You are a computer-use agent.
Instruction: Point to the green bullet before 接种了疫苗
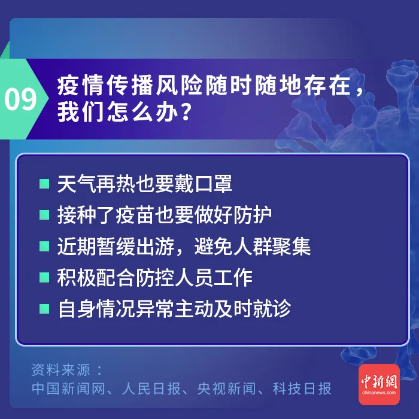pos(44,215)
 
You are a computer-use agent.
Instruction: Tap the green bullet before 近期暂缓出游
pos(44,246)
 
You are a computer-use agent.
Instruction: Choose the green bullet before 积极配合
pos(44,277)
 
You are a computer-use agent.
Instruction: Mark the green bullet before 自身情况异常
pos(44,309)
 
